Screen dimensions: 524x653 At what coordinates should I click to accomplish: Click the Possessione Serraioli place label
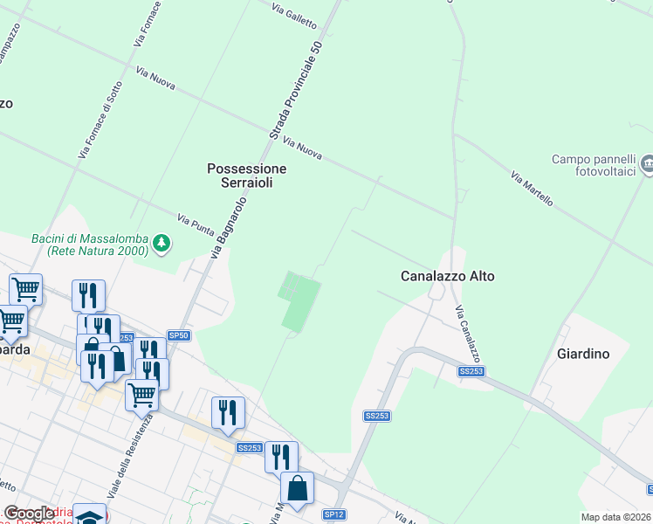[x=246, y=176]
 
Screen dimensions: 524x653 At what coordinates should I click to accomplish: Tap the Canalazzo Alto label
[x=447, y=276]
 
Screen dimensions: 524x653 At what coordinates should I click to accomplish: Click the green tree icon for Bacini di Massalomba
[x=161, y=243]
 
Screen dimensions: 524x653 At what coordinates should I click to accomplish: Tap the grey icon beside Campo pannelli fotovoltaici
[x=647, y=163]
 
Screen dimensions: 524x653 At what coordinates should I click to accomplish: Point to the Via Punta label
[x=196, y=225]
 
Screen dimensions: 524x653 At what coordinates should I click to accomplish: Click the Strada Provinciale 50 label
[x=296, y=91]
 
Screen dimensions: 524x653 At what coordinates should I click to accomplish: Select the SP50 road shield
[x=178, y=335]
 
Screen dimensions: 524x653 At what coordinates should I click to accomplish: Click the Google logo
[x=29, y=514]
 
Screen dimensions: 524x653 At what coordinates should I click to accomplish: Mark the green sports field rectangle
[x=298, y=301]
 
